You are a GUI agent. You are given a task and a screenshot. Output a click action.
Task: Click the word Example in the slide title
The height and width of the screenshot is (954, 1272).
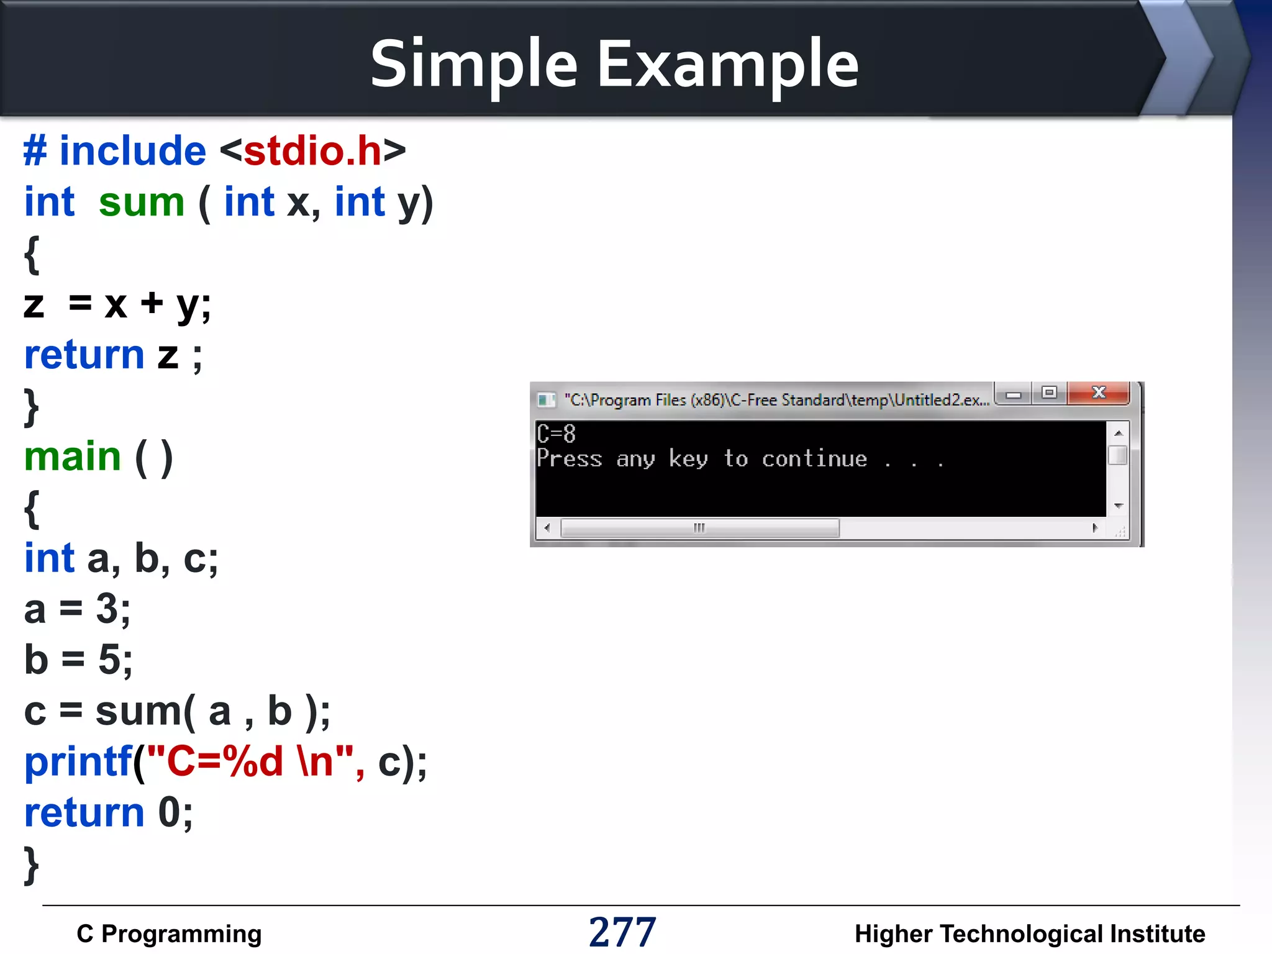click(728, 64)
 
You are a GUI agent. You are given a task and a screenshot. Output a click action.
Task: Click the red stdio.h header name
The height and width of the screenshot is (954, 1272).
click(312, 151)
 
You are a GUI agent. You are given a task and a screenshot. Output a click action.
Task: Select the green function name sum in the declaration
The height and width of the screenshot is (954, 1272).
click(142, 202)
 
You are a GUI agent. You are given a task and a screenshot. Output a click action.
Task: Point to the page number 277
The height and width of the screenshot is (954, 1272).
click(622, 932)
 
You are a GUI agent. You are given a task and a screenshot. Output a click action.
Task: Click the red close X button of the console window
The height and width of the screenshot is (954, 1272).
click(1098, 393)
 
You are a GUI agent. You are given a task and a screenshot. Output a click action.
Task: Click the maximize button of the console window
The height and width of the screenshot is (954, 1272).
click(1049, 393)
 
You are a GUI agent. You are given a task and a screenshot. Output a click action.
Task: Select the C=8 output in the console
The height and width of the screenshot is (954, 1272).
click(556, 434)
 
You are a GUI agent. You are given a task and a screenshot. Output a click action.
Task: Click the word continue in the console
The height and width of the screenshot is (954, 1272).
click(814, 459)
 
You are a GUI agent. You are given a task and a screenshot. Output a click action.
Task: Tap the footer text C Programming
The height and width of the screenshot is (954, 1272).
click(169, 934)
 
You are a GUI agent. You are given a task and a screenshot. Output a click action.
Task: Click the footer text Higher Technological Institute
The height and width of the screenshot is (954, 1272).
click(1029, 934)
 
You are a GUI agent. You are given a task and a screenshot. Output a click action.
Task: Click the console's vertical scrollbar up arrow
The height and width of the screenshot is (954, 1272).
click(1118, 433)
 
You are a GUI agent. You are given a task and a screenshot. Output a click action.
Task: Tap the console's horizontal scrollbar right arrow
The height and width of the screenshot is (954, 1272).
click(1095, 528)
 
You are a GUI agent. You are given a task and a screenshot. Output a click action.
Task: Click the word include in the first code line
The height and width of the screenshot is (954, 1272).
click(132, 151)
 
